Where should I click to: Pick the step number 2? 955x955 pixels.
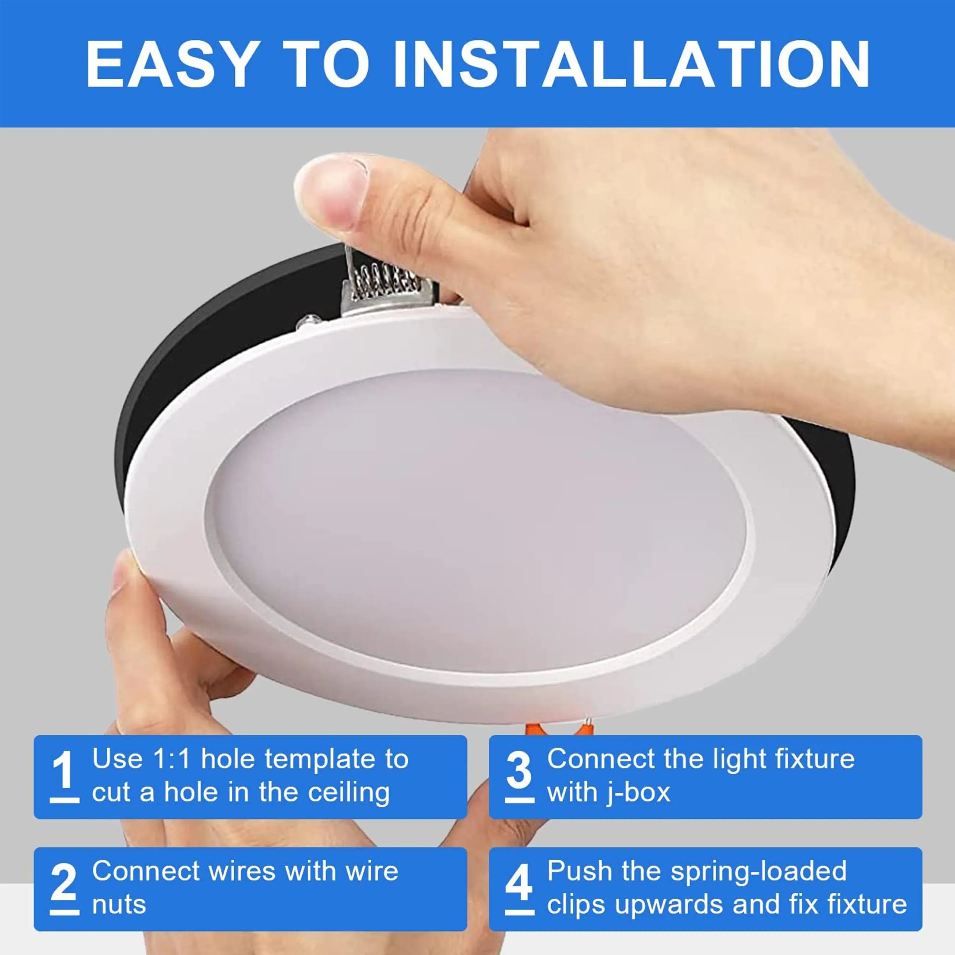(64, 883)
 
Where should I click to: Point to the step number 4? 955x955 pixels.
(519, 883)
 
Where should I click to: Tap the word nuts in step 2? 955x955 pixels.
(119, 905)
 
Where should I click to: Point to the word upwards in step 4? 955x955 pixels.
(669, 905)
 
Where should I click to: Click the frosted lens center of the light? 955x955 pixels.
(475, 519)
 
